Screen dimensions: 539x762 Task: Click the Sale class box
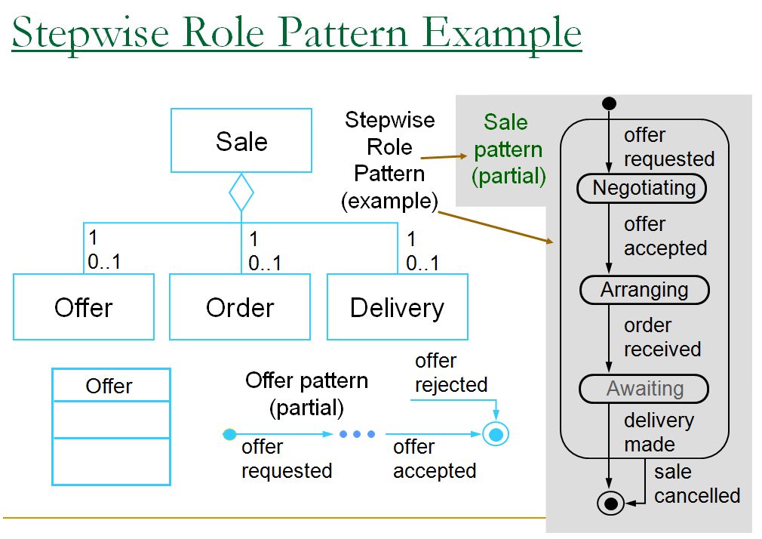coord(241,140)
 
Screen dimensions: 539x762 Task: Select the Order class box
coord(239,307)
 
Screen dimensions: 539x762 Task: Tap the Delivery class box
coord(397,307)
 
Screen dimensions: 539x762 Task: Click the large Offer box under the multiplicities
coord(83,307)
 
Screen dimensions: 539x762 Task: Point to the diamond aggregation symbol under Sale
coord(241,192)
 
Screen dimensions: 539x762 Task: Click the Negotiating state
coord(643,188)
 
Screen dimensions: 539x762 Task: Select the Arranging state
coord(644,290)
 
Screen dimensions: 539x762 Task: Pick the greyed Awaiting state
coord(644,390)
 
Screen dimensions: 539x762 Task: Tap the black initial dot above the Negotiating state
coord(610,103)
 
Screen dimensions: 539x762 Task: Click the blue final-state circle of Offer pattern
coord(496,434)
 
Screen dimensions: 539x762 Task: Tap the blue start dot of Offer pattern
coord(230,434)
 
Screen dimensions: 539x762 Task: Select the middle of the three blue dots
coord(357,434)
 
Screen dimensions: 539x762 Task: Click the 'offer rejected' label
coord(450,373)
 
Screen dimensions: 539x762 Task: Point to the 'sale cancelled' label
coord(696,484)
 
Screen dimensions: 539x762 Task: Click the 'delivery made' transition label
coord(658,432)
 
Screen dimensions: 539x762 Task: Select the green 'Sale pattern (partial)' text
coord(508,149)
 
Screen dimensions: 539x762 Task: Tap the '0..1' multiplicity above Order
coord(265,263)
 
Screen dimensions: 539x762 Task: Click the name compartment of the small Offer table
coord(110,386)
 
